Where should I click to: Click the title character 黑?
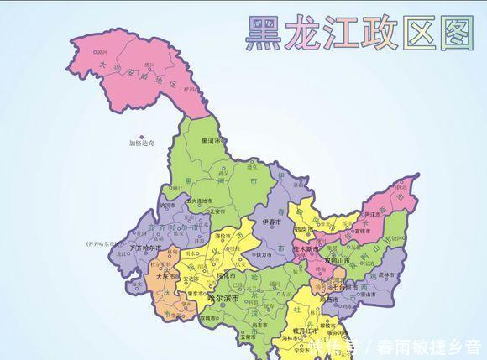(263, 33)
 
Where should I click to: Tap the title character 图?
(456, 33)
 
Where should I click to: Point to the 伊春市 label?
(274, 222)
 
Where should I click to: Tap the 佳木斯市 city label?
(308, 248)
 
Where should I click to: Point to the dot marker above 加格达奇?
(142, 137)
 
